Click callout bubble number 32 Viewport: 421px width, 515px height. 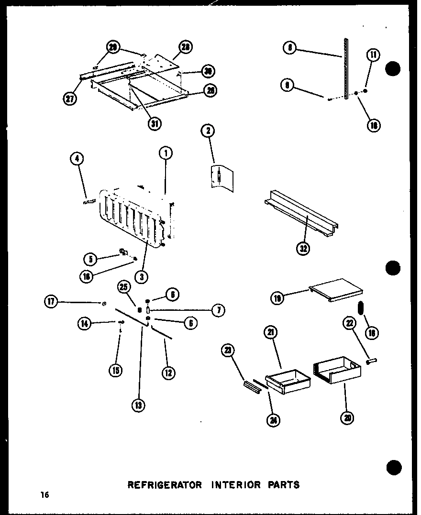pyautogui.click(x=303, y=248)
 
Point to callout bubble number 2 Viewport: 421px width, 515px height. pyautogui.click(x=209, y=131)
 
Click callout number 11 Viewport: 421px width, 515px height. pyautogui.click(x=373, y=55)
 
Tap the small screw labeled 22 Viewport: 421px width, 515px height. pyautogui.click(x=370, y=362)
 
